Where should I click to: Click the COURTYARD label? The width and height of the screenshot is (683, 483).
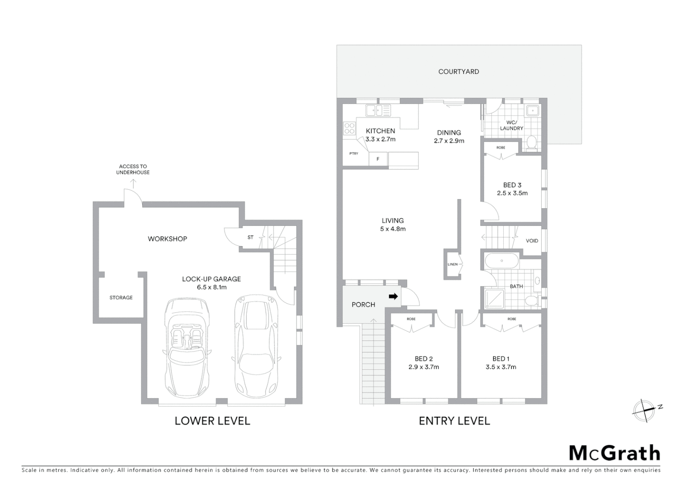tap(458, 72)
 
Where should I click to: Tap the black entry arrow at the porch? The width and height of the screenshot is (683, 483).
tap(393, 296)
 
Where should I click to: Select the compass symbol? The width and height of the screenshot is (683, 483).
tap(644, 410)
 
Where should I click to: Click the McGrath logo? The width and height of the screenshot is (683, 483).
tap(614, 453)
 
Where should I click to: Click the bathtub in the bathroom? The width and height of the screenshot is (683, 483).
tap(502, 261)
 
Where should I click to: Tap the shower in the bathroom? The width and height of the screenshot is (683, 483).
tap(494, 299)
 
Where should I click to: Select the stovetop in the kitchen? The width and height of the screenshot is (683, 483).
tap(349, 129)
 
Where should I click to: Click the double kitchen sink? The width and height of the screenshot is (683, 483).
tap(378, 110)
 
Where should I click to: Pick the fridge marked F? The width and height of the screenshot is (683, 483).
tap(378, 159)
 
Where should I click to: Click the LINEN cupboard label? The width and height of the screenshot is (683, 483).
tap(452, 264)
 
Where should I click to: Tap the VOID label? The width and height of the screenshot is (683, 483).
tap(532, 241)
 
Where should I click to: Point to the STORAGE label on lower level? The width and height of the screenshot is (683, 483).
tap(121, 297)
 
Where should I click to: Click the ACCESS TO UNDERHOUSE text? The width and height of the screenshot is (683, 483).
tap(133, 169)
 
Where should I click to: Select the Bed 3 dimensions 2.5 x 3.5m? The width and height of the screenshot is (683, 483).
tap(512, 193)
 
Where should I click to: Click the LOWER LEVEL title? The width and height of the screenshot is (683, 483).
tap(212, 421)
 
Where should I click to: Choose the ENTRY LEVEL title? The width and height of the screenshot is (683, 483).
tap(454, 421)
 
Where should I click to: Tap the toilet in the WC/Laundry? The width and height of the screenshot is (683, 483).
tap(531, 143)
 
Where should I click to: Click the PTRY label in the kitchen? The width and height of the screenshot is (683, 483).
tap(354, 153)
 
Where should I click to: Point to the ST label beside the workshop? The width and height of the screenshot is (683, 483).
tap(250, 237)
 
